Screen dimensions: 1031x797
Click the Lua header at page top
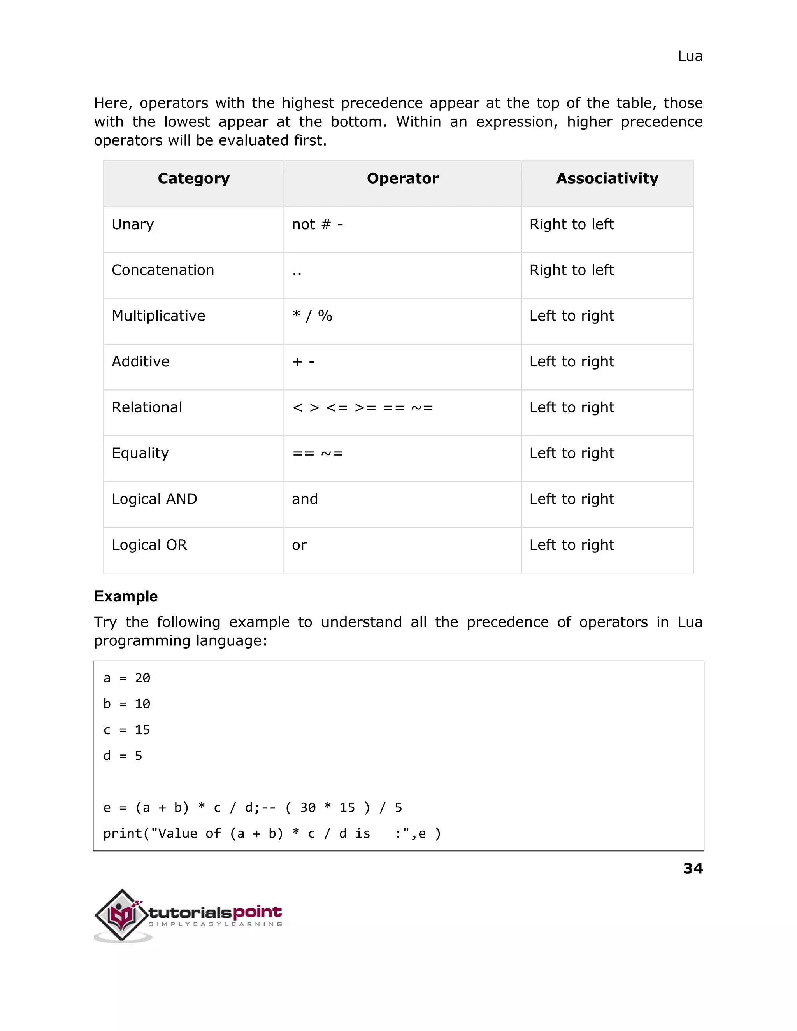pos(690,56)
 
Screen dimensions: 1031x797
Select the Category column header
pos(193,179)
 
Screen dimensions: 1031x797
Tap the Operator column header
pos(402,179)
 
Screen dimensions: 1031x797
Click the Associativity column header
pos(607,179)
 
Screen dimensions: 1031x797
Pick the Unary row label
pos(133,224)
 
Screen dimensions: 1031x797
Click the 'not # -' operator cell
pos(317,224)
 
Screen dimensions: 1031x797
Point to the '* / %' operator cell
pos(312,316)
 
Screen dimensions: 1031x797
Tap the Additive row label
pos(140,361)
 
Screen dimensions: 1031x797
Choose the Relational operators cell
pos(363,407)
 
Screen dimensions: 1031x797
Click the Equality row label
pos(140,453)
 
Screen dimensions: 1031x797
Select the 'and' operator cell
pos(305,499)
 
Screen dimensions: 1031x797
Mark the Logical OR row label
pos(149,545)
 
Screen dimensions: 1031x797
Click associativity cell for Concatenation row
pos(571,270)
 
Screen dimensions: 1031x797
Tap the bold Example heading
pos(126,596)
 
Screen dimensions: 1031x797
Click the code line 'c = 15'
pos(126,730)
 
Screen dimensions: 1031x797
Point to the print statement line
pos(272,834)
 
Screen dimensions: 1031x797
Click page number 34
pos(693,869)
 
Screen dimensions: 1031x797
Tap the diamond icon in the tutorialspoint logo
pos(122,915)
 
